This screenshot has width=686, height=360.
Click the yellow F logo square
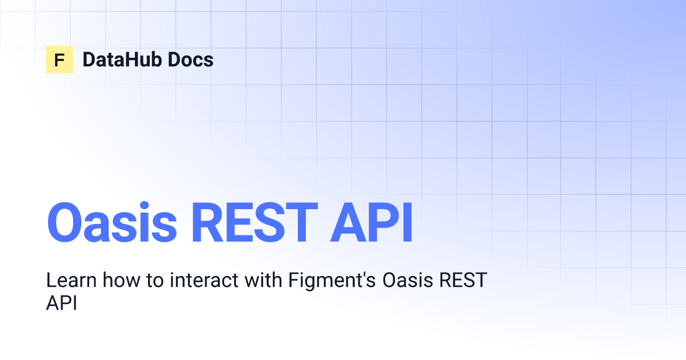[x=59, y=59]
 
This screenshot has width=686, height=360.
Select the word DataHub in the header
[x=121, y=59]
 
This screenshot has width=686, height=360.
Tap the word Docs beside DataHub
[x=190, y=59]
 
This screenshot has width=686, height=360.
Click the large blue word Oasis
[x=112, y=222]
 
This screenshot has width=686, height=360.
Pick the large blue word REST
[x=254, y=222]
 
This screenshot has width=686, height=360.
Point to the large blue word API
[x=371, y=222]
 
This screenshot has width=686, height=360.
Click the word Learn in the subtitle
[x=71, y=280]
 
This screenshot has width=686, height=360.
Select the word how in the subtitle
[x=121, y=280]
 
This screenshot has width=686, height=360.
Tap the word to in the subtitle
[x=155, y=281]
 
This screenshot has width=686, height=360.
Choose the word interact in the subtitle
[x=204, y=280]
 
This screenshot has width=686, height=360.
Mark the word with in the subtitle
[x=264, y=280]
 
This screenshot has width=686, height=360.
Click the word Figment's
[x=332, y=282]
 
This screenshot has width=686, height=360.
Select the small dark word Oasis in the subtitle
[x=408, y=280]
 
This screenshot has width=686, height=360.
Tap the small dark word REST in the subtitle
[x=463, y=280]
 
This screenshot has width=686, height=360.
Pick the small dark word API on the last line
[x=61, y=303]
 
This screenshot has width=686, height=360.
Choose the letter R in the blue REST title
[x=206, y=222]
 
